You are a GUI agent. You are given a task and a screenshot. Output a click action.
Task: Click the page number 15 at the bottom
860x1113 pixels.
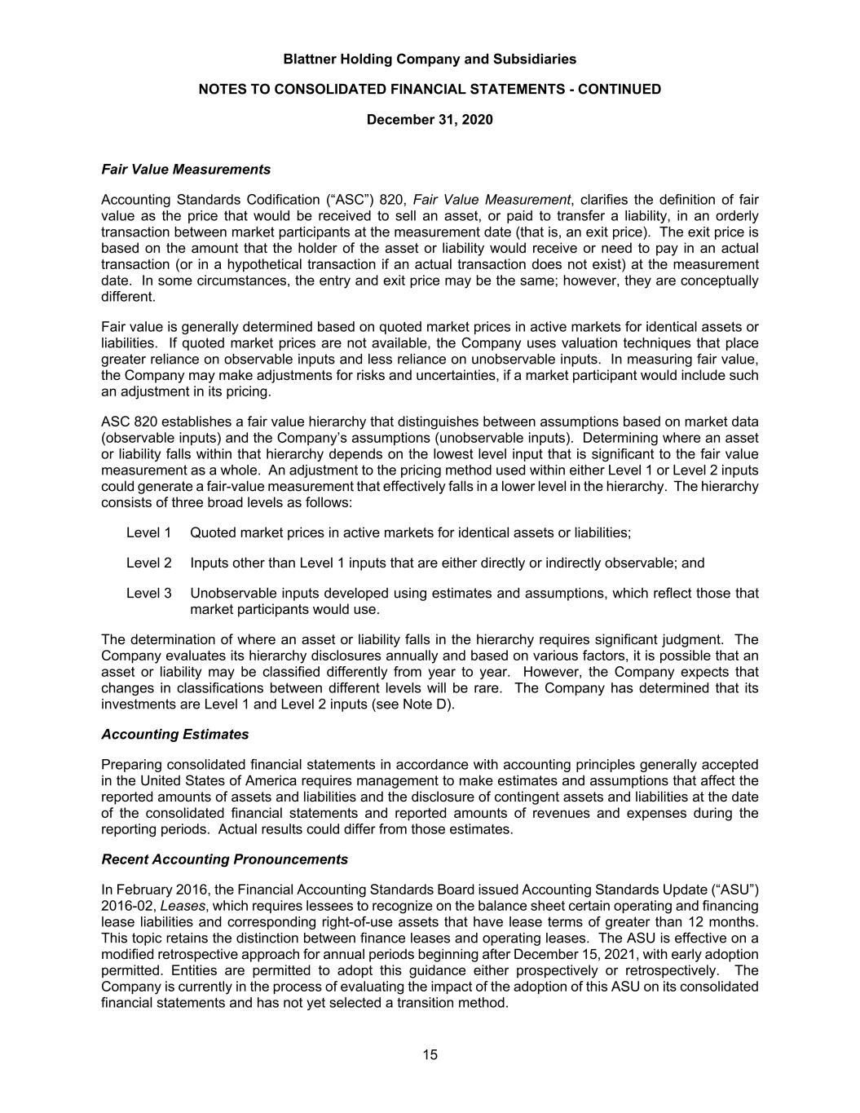coord(430,1054)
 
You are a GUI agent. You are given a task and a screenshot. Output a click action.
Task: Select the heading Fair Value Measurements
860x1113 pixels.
coord(186,170)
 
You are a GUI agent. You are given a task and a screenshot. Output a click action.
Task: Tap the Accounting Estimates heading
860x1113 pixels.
coord(175,734)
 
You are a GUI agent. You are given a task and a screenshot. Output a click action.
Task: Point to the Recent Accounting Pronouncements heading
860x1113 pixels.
coord(224,859)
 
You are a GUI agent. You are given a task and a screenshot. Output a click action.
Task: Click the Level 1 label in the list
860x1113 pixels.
coord(148,532)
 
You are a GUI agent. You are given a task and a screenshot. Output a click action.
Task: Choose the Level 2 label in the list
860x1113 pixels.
coord(148,563)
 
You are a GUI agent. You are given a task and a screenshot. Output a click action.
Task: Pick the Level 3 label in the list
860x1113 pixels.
coord(148,593)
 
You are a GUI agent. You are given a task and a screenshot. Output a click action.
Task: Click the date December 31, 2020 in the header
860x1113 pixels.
coord(430,120)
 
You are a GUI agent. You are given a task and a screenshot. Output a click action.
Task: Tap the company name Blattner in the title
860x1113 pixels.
coord(312,59)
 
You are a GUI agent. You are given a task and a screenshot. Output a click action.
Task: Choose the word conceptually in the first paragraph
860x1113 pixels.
coord(721,280)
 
